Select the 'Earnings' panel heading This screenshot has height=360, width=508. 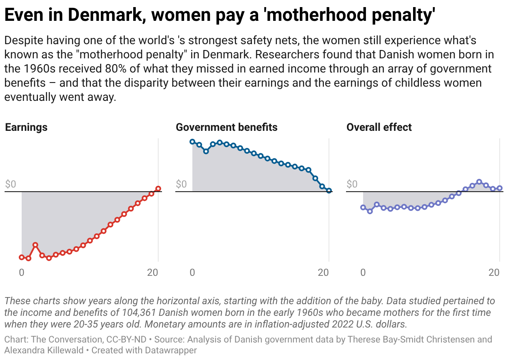coord(26,127)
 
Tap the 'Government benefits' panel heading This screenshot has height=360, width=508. coord(227,127)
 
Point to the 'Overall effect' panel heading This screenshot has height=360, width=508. coord(379,127)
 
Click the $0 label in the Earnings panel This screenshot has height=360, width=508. coord(11,184)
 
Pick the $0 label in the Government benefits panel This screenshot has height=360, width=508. coord(182,184)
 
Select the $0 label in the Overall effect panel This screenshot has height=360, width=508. coord(352,184)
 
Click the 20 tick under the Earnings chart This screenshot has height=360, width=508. coord(153,272)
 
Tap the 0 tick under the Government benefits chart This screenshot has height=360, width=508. coord(192,272)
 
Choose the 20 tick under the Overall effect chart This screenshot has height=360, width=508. coord(494,272)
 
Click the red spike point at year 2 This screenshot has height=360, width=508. coord(35,245)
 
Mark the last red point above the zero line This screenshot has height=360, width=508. coord(158,189)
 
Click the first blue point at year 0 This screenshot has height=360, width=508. coord(192,142)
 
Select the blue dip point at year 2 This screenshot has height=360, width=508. coord(206,151)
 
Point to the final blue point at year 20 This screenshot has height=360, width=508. coord(329,190)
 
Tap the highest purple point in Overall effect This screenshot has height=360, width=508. coord(479,182)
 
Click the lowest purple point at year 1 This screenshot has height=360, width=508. coord(370,211)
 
